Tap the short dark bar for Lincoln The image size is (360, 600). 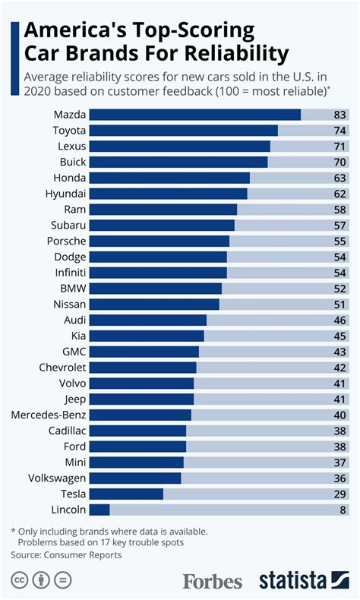pyautogui.click(x=100, y=510)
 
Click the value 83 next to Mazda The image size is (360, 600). pyautogui.click(x=340, y=115)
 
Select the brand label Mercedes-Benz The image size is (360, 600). pyautogui.click(x=49, y=415)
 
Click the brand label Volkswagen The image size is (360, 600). pyautogui.click(x=57, y=478)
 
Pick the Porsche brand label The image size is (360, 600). pyautogui.click(x=66, y=241)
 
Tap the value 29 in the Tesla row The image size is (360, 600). pyautogui.click(x=340, y=494)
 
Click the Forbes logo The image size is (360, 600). pyautogui.click(x=212, y=581)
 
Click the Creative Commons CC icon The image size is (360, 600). pyautogui.click(x=19, y=581)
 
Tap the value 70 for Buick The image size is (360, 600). pyautogui.click(x=340, y=162)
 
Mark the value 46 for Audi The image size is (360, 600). pyautogui.click(x=340, y=321)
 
